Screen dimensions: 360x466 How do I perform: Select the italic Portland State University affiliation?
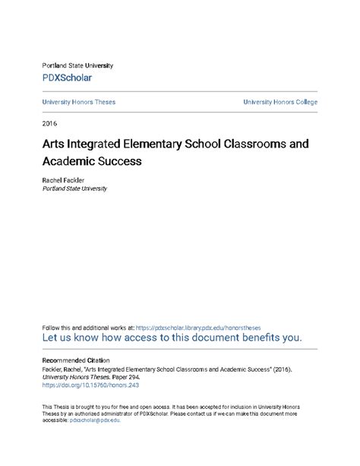pos(74,189)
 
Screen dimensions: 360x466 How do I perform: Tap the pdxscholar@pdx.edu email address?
pos(95,419)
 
